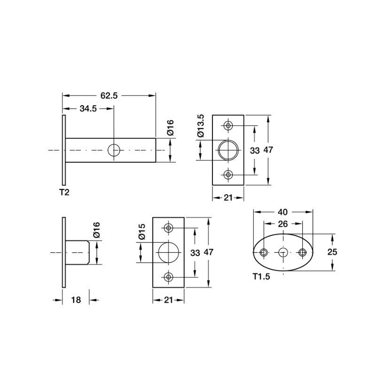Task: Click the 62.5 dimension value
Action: (x=109, y=96)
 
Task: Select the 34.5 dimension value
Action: (x=88, y=109)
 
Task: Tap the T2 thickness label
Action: (x=64, y=192)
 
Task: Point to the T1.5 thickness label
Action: (x=261, y=276)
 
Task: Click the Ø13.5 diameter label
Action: (x=201, y=125)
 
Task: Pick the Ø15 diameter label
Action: (x=142, y=232)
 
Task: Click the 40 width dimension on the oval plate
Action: (x=283, y=212)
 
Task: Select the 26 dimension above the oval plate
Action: (x=283, y=224)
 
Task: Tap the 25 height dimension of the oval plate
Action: (x=332, y=252)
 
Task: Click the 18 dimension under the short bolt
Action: (x=76, y=300)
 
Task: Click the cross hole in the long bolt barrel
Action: (x=114, y=150)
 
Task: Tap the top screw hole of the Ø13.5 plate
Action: (x=228, y=125)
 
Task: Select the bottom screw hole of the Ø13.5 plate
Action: (x=228, y=174)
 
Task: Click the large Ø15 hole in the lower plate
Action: (x=169, y=252)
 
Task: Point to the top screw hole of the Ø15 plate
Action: (x=169, y=227)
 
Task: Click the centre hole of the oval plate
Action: (x=283, y=252)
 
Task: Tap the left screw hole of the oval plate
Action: (x=264, y=252)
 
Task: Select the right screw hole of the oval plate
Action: (x=303, y=252)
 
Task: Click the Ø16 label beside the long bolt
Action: (x=170, y=128)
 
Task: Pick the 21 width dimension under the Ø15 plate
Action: (x=169, y=300)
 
